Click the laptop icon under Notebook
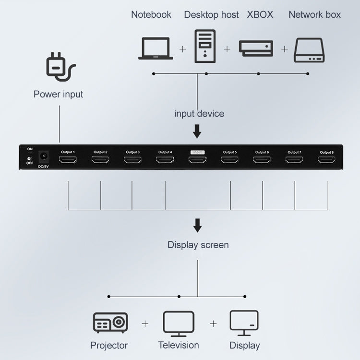click(156, 48)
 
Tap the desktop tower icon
click(205, 46)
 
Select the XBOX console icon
click(256, 48)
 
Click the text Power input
click(58, 94)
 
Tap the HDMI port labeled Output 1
click(68, 160)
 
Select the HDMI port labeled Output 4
click(165, 160)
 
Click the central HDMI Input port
click(197, 160)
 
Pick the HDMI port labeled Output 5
click(229, 160)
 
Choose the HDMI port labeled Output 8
click(326, 160)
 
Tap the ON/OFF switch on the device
click(30, 156)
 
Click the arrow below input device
click(197, 132)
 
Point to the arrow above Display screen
click(197, 225)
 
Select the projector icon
click(110, 323)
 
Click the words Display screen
click(198, 245)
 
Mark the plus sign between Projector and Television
click(145, 324)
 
